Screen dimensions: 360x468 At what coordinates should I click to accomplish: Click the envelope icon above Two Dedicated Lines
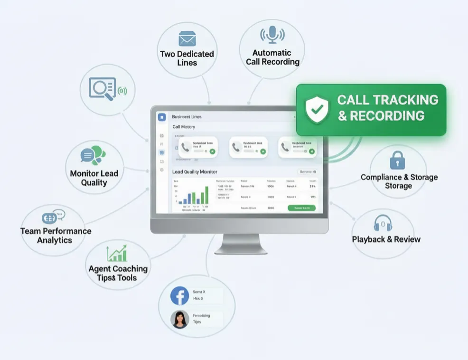click(187, 38)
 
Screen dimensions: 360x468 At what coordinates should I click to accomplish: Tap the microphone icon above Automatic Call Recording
click(272, 35)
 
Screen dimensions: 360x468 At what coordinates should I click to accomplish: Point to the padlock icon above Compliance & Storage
click(398, 161)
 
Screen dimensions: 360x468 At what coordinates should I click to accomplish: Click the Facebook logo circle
click(180, 295)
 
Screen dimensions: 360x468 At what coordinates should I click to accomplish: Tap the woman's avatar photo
click(180, 319)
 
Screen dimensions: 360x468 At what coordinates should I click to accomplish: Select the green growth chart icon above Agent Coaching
click(117, 253)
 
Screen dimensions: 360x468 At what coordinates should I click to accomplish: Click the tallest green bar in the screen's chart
click(206, 195)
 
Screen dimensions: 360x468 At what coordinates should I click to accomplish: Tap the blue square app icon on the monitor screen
click(162, 117)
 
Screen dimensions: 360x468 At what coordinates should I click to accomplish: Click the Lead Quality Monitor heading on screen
click(195, 171)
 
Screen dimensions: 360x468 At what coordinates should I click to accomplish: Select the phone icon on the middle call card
click(236, 148)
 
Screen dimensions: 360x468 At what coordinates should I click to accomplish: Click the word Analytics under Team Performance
click(55, 240)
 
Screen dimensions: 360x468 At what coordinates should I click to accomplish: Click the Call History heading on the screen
click(184, 127)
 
